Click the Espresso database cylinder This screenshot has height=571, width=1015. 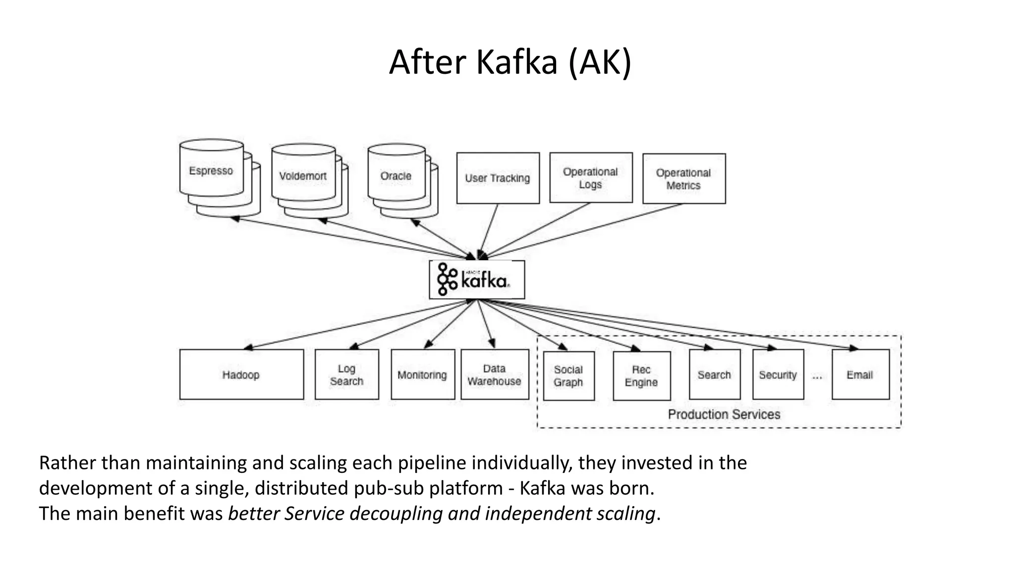(211, 171)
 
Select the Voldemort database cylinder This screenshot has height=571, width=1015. (303, 176)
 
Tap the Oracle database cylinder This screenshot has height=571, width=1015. (396, 176)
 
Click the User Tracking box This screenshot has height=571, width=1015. (498, 178)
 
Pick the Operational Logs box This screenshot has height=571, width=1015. (591, 178)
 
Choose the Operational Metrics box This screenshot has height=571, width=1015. (684, 179)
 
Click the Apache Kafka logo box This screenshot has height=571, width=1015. (477, 280)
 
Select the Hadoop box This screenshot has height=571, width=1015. (241, 375)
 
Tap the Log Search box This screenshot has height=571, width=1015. (347, 375)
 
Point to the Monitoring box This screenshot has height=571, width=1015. (423, 375)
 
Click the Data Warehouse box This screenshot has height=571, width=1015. (495, 375)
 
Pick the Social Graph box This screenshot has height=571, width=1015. (568, 376)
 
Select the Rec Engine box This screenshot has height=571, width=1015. (642, 376)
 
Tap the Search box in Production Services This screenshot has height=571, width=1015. (715, 375)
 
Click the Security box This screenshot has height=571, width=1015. (778, 375)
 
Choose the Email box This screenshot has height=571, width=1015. (860, 375)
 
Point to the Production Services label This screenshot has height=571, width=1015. (724, 414)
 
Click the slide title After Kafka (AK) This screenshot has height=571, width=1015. (510, 62)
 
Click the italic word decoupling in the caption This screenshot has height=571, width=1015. (396, 514)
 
